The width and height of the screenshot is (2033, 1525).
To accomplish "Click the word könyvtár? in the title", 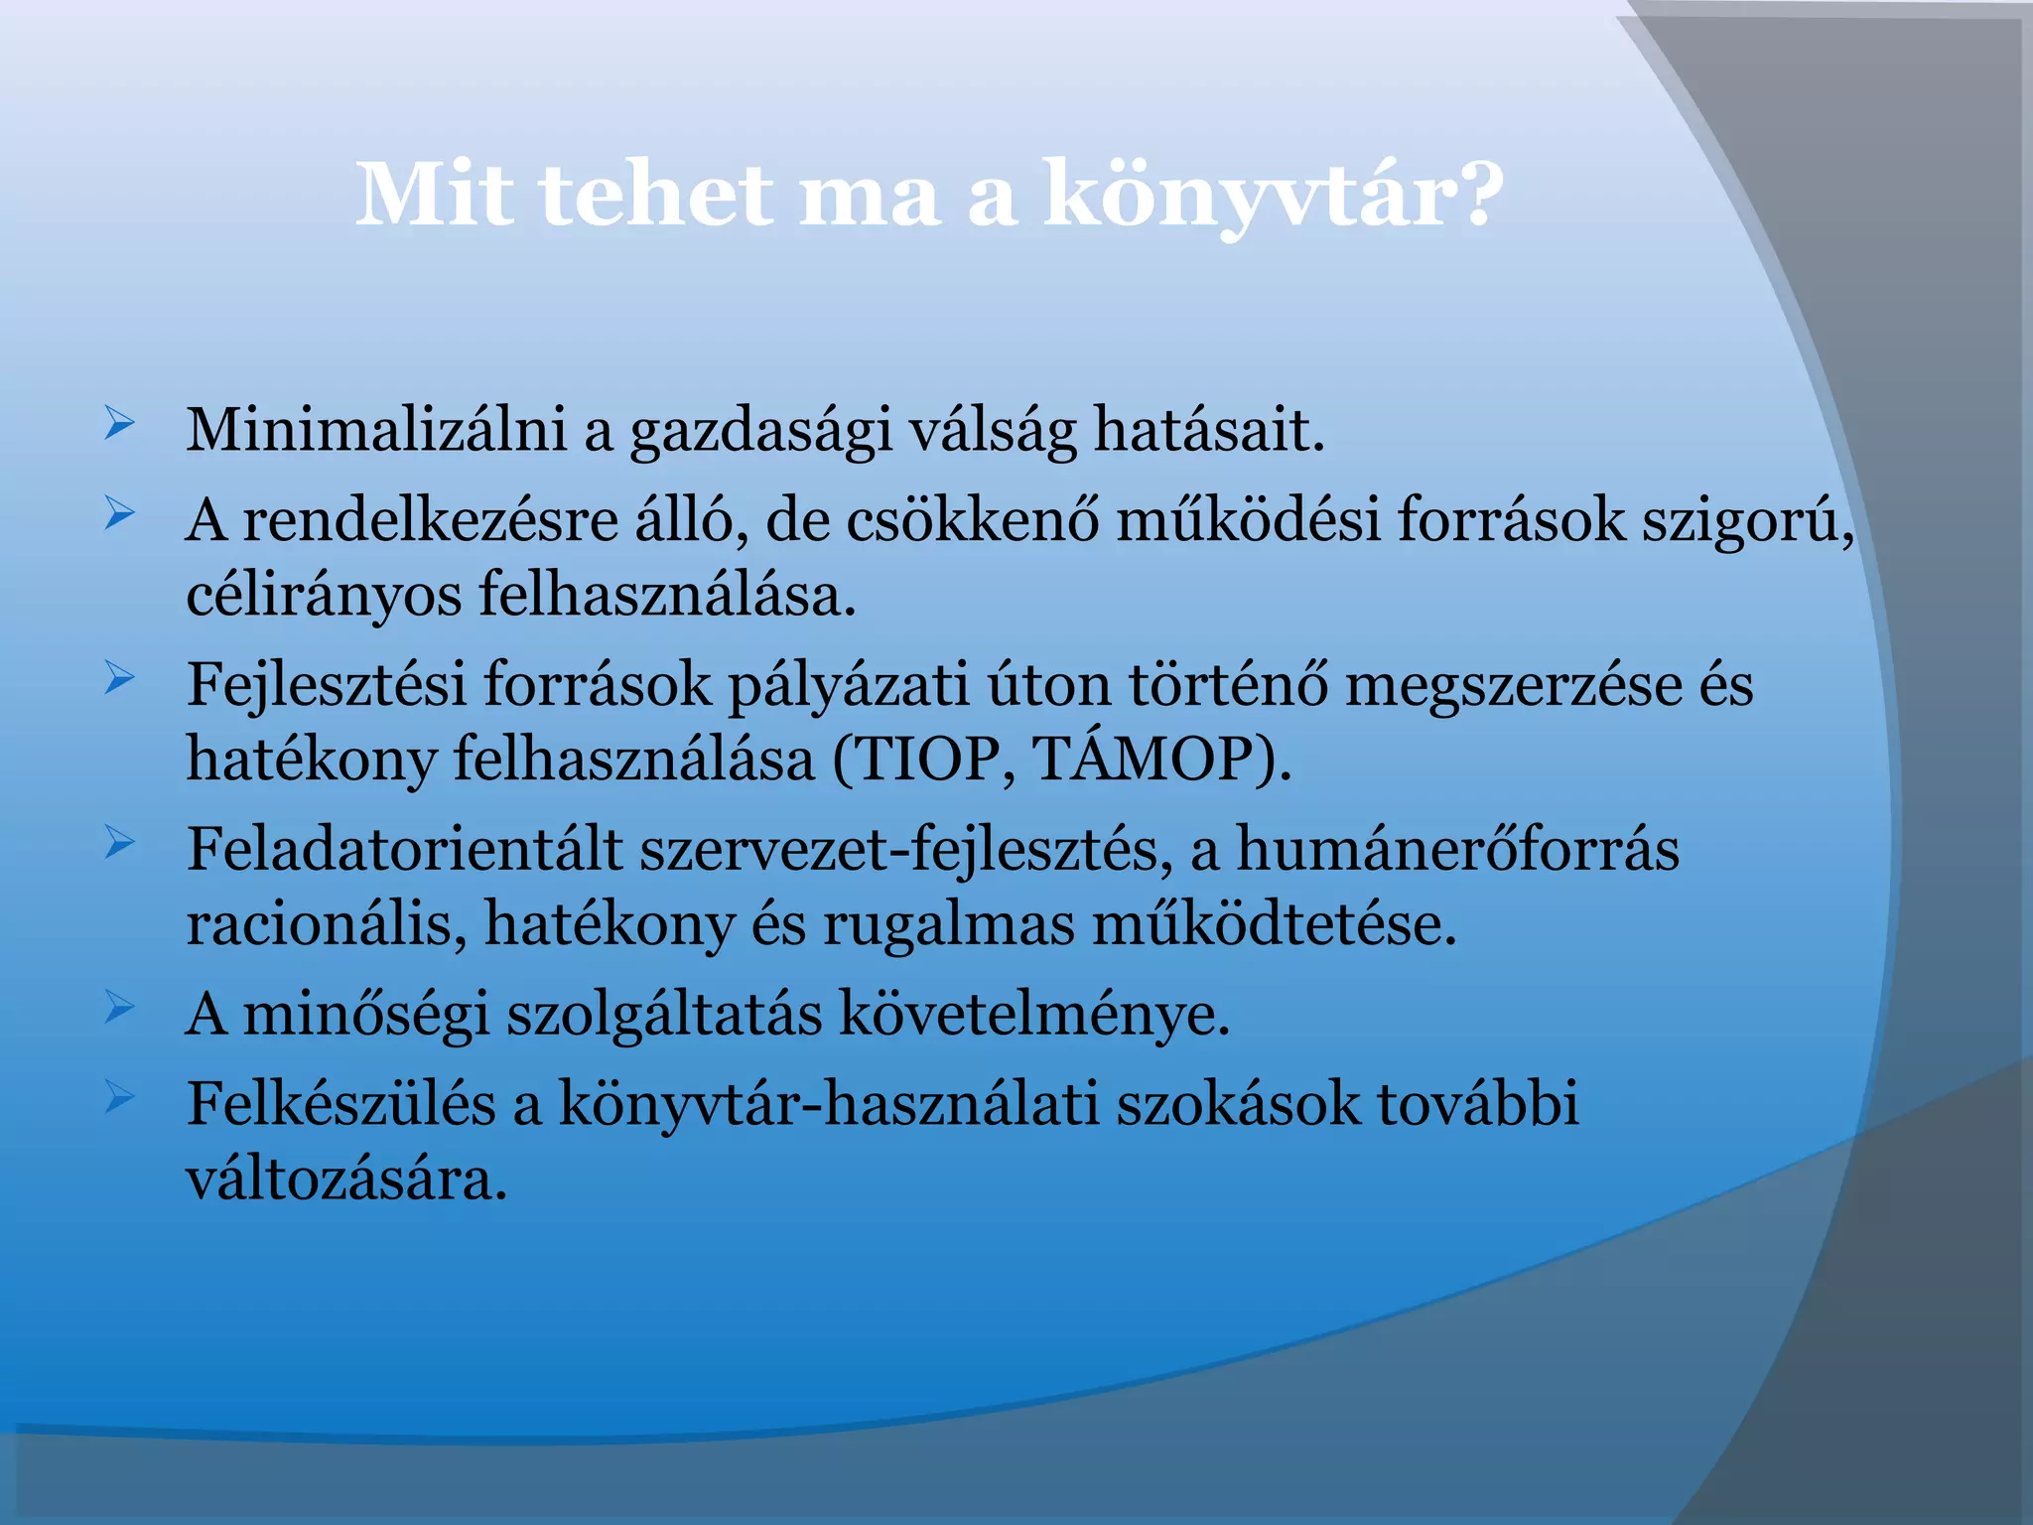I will click(1274, 196).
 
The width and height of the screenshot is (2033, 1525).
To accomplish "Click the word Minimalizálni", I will click(376, 430).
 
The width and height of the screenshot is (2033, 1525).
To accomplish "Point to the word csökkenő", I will click(972, 519).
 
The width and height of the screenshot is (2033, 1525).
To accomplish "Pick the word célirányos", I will click(324, 597).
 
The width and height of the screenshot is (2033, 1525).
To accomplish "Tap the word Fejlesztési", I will click(327, 685).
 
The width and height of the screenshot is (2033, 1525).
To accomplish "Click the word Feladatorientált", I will click(404, 850).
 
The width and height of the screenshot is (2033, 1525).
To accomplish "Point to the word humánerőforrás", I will click(1457, 850).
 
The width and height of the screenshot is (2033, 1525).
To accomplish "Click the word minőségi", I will click(366, 1015).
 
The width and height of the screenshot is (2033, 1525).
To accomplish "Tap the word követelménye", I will click(1034, 1015).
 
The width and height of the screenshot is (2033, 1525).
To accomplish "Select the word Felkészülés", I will click(340, 1103).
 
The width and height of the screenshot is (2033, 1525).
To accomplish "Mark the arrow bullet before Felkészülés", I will click(118, 1097).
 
